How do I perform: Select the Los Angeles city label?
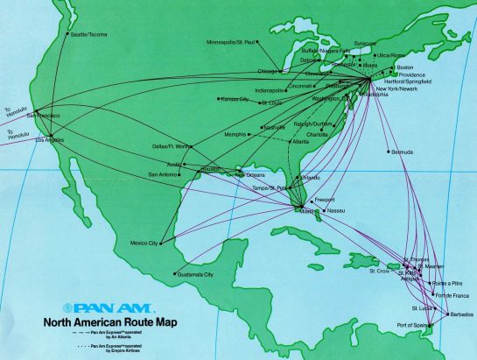point(50,139)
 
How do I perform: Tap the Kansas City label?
point(233,100)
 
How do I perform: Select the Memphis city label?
point(234,134)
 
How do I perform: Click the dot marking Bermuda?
point(389,152)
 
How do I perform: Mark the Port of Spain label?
point(416,326)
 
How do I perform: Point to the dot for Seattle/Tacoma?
point(67,33)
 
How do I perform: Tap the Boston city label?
point(404,67)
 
